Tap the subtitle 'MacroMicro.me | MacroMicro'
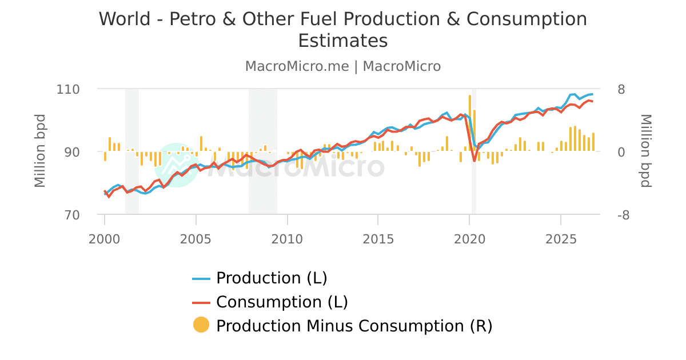click(x=343, y=66)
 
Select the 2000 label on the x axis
click(x=105, y=237)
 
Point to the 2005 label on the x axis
click(x=196, y=237)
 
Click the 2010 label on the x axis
click(x=287, y=237)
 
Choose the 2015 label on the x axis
click(x=378, y=237)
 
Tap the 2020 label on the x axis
click(x=469, y=237)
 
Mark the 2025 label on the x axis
click(x=560, y=237)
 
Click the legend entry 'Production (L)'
click(x=271, y=278)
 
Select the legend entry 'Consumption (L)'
click(x=281, y=302)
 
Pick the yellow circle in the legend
click(x=201, y=325)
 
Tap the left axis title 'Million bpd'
click(x=40, y=151)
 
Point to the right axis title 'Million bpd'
click(x=645, y=151)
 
